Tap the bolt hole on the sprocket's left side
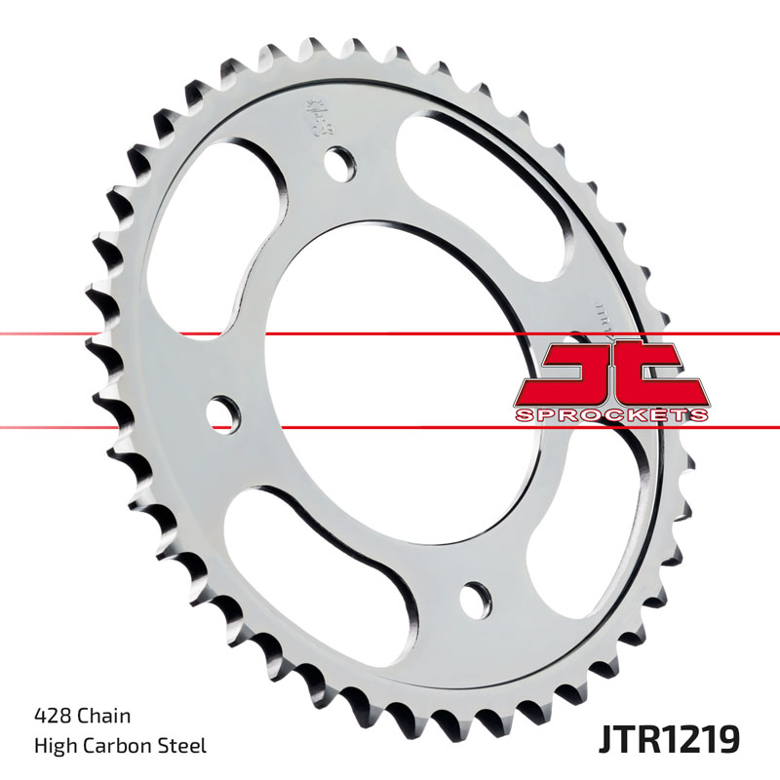tap(223, 410)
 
